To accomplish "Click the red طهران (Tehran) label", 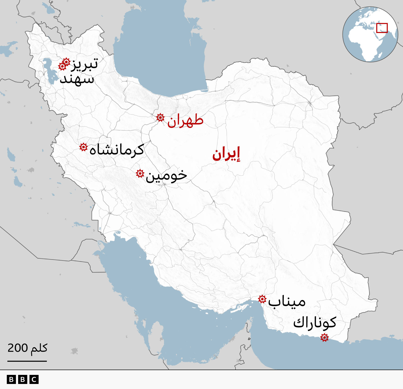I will (x=185, y=121).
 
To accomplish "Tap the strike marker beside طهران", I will (x=160, y=117).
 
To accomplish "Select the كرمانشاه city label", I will (x=117, y=150).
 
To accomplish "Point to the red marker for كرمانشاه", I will (x=83, y=147).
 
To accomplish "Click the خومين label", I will (x=166, y=176).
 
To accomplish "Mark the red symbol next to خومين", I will (x=140, y=173).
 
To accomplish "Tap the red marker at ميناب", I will (x=262, y=299).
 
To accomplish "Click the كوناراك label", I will (x=315, y=323).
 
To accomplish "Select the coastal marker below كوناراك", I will (x=324, y=337).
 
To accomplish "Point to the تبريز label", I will (x=85, y=64).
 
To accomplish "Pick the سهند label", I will (x=77, y=79).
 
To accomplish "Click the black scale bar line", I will (x=27, y=361).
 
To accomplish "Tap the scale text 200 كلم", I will (x=27, y=348).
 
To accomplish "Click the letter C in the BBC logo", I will (x=34, y=379).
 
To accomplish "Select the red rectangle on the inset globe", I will (x=382, y=28).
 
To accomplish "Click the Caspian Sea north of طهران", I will (x=161, y=50).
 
